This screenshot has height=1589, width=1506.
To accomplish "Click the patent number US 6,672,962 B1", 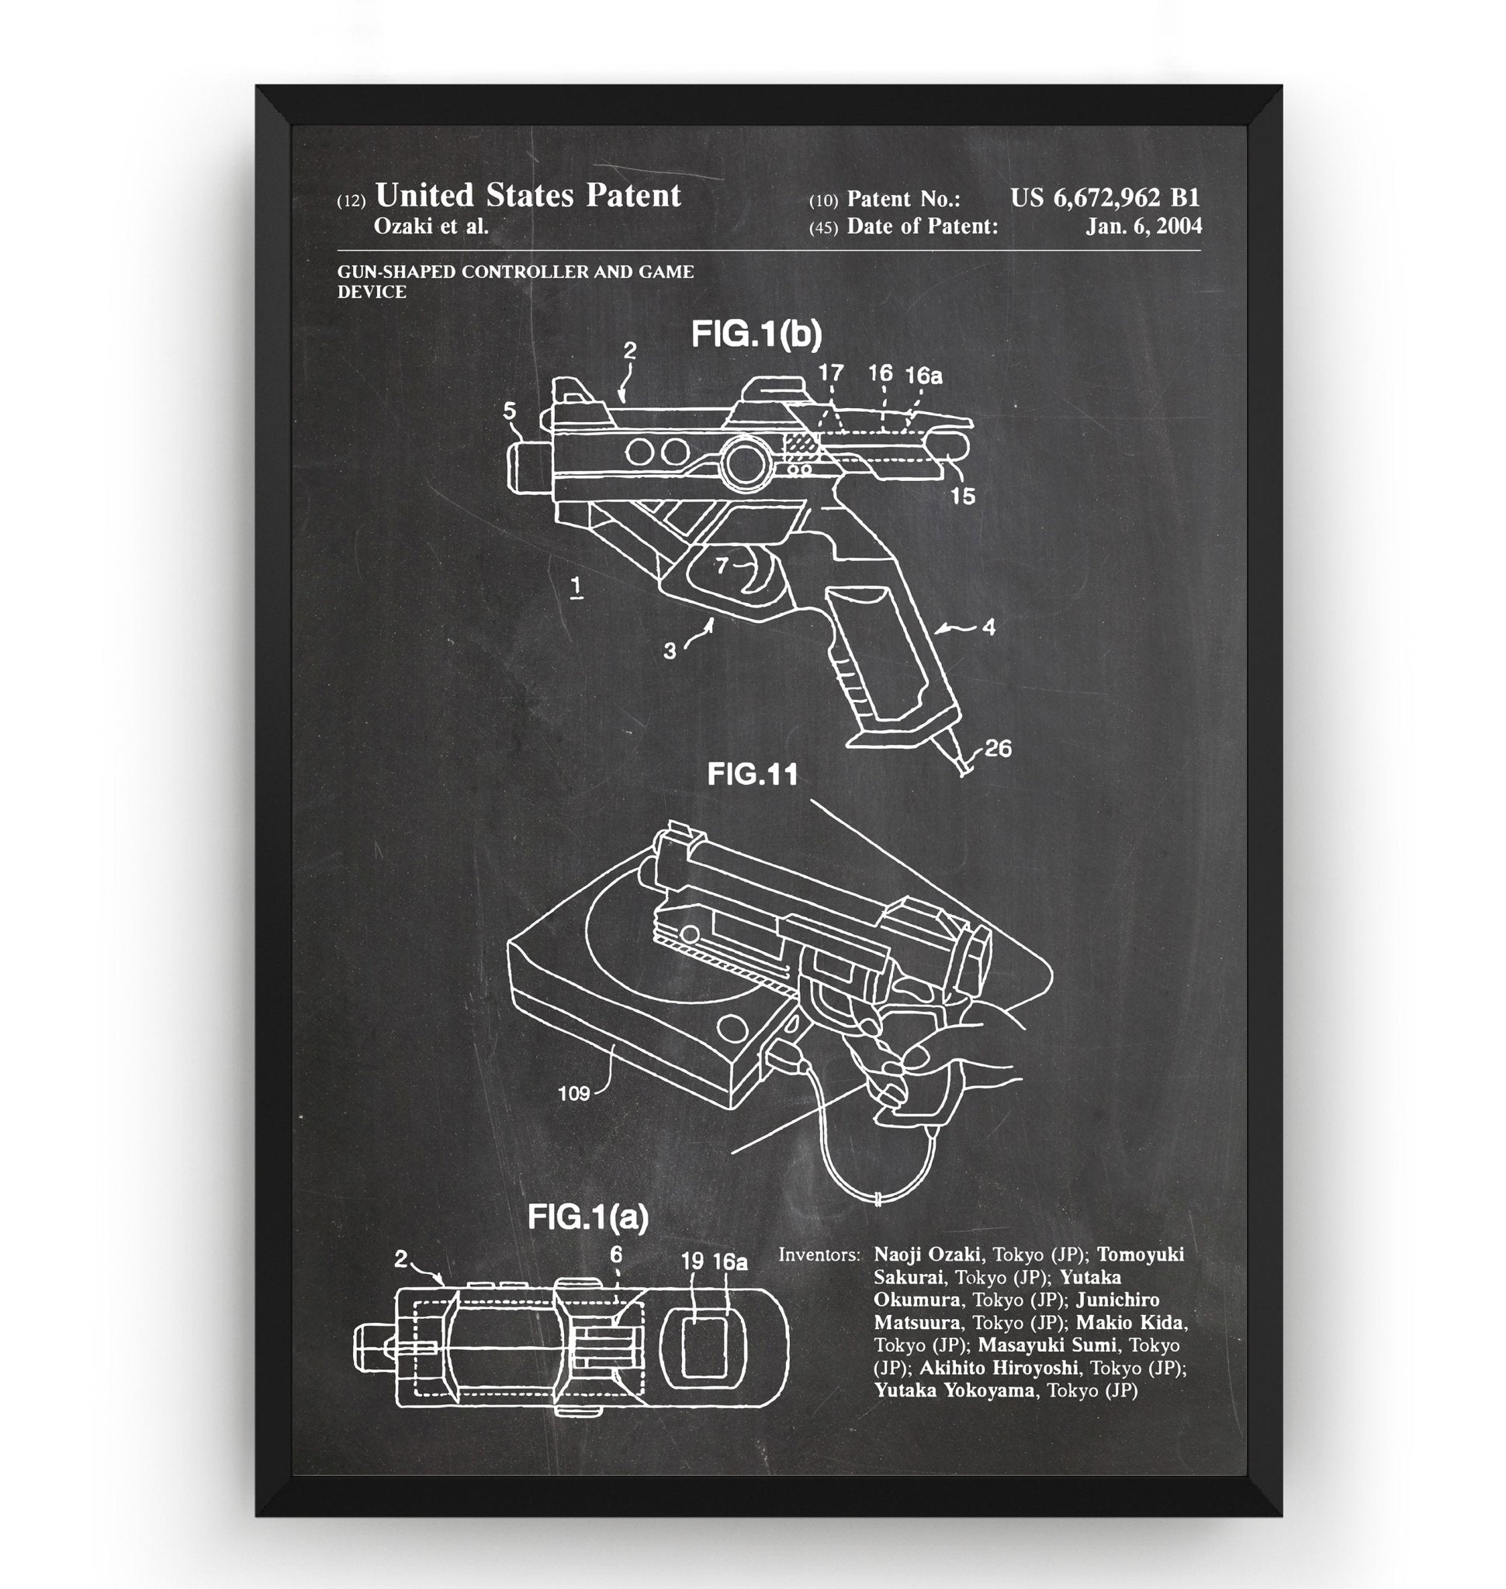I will (x=1105, y=198).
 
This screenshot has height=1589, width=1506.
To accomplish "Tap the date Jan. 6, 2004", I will (x=1144, y=227).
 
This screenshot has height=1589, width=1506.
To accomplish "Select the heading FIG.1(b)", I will (x=756, y=335).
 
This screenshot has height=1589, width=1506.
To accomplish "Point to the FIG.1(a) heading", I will (x=587, y=1218).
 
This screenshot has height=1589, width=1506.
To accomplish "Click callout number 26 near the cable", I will (x=997, y=748).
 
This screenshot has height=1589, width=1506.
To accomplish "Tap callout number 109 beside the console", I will (x=574, y=1092).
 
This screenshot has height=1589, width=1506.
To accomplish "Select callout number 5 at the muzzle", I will (x=510, y=411).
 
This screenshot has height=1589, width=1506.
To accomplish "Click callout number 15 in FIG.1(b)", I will (x=962, y=497).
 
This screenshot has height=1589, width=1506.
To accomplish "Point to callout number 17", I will (x=831, y=372).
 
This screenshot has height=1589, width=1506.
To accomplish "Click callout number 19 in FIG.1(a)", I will (x=692, y=1262).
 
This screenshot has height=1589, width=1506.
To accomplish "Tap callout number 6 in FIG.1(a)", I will (x=616, y=1254).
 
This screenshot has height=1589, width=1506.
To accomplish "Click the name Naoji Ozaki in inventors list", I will (x=926, y=1254).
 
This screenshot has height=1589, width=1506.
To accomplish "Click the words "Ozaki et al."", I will (x=431, y=227).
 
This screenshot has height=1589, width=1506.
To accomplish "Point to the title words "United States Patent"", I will (x=528, y=196).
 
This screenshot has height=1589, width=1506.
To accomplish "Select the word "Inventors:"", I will (x=819, y=1254).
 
